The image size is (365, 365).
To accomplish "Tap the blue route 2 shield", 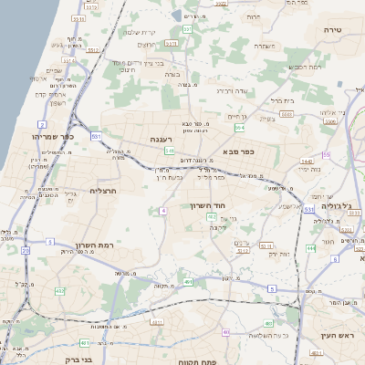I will click(x=42, y=123).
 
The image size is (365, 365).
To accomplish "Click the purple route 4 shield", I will click(x=162, y=211).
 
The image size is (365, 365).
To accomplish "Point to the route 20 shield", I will click(x=25, y=248).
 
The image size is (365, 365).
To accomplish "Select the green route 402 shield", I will click(x=212, y=217).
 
